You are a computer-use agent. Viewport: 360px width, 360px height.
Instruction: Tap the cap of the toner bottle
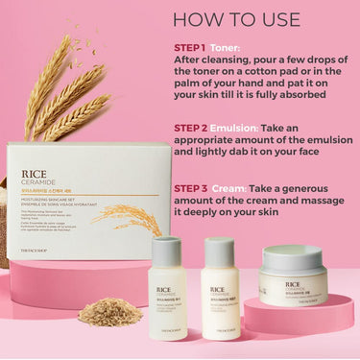pyautogui.click(x=167, y=251)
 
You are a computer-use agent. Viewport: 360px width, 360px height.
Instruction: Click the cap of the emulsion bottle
pyautogui.click(x=221, y=251)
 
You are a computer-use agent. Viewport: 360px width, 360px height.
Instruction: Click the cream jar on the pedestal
pyautogui.click(x=293, y=278)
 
